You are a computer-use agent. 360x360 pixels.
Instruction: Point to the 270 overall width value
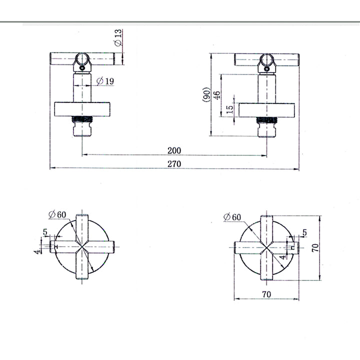[174, 163]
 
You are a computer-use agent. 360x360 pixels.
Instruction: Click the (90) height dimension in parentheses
[205, 94]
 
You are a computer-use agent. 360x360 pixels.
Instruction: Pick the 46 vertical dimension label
[217, 95]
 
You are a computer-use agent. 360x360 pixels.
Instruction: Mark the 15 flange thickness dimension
[229, 109]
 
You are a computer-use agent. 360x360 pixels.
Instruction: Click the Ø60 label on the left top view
[57, 214]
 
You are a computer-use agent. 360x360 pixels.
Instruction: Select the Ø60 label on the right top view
[233, 217]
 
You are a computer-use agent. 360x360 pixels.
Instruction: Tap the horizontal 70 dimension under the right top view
[266, 294]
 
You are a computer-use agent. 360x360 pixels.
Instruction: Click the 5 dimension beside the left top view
[45, 232]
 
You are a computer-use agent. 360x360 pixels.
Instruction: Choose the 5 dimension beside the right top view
[304, 232]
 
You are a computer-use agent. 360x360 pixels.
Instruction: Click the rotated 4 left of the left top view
[37, 251]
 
